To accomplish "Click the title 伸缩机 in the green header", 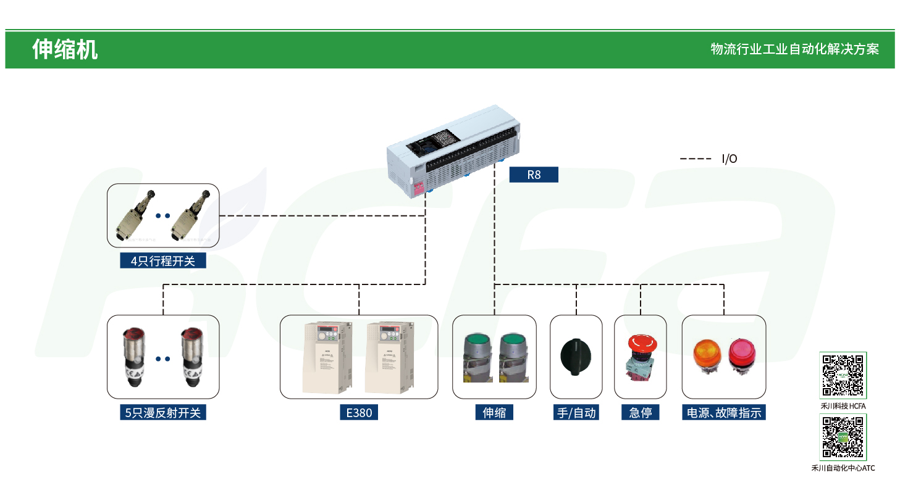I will coord(65,49).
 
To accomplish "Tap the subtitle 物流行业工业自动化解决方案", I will coord(794,49).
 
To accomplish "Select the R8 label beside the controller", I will coord(534,175).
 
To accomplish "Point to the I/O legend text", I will coord(730,159).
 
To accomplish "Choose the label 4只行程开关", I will coord(163,261).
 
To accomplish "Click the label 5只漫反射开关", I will coord(163,413).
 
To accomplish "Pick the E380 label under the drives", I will coord(359,413).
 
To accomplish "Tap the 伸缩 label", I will coord(494,413).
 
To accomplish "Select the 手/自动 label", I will coord(576,413).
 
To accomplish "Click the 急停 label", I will coord(641,413).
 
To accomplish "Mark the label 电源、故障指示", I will coord(724,413).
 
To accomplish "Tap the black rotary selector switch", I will coord(576,356).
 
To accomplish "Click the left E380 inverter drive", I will coord(327,358).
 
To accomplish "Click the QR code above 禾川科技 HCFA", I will coord(843,375).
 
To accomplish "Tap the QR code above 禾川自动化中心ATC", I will coord(843,437).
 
